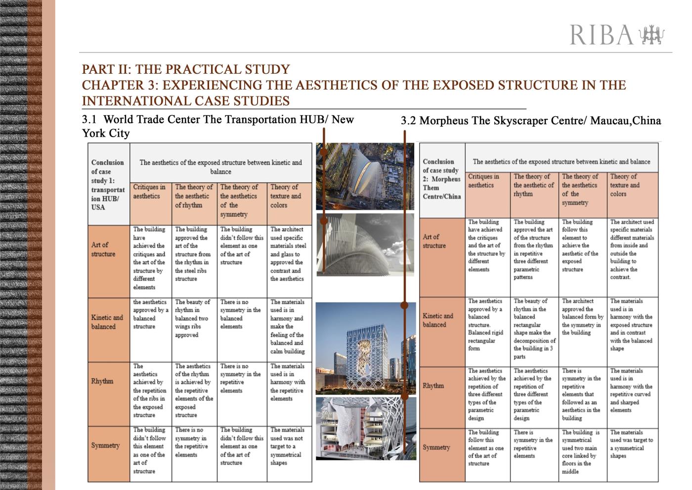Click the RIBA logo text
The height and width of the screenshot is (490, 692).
point(601,35)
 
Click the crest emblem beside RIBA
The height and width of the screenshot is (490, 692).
point(652,35)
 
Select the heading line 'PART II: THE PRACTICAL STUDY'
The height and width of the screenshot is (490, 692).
point(186,69)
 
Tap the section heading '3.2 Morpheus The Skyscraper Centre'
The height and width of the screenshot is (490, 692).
point(530,121)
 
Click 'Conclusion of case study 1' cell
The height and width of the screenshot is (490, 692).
point(108,184)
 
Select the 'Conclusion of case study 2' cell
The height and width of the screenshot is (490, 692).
point(441,179)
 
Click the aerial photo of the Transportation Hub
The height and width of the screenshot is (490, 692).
point(365,176)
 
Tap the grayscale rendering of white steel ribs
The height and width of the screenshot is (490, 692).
point(365,245)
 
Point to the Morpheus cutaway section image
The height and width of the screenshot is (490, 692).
point(365,428)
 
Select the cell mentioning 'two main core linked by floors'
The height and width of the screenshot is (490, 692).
point(583,451)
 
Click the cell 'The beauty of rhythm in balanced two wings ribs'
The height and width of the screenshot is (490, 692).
point(194,318)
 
